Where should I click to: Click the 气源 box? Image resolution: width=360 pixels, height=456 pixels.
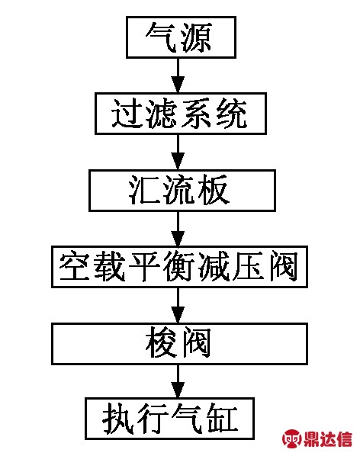coord(181,37)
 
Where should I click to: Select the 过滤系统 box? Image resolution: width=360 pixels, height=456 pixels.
coord(181,114)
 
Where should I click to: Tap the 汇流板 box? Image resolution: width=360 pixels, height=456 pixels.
coord(182,191)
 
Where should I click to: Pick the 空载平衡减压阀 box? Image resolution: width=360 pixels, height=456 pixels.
coord(179,267)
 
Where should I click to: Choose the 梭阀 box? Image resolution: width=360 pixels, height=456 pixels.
coord(179,344)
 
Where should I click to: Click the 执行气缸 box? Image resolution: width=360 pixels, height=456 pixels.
coord(170,419)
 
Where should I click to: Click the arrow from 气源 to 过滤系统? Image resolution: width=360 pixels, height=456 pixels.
coord(178,75)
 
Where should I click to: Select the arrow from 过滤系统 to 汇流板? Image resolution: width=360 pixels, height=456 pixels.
coord(178,152)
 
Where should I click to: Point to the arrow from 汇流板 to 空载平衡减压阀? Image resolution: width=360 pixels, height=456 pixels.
coord(178,229)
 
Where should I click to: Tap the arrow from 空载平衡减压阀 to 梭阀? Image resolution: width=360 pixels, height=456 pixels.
coord(178,305)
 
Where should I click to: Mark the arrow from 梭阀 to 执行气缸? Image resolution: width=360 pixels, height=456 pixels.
coord(178,381)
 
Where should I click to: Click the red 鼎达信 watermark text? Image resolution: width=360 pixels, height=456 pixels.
coord(328,439)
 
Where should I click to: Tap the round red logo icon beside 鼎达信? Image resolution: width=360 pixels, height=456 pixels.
coord(292,439)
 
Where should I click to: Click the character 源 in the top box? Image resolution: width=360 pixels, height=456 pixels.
coord(197,37)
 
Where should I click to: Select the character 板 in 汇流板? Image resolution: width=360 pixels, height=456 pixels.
coord(213,190)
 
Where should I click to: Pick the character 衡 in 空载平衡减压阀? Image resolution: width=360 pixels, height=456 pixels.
coord(179,267)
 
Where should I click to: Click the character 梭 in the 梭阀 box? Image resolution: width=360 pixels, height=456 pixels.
coord(161,344)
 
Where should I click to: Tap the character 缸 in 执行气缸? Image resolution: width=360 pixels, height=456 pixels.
coord(223,419)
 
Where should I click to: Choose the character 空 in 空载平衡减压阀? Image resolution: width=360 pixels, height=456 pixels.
coord(74,267)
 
